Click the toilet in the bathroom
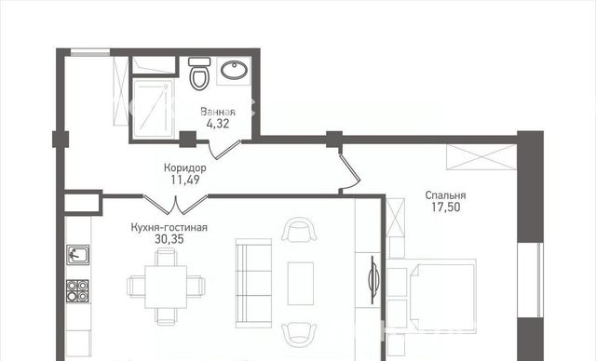click(200, 74)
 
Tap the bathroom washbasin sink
click(234, 70)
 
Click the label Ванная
click(218, 112)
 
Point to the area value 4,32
click(218, 124)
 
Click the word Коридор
click(185, 167)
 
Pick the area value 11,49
click(185, 180)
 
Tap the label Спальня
click(445, 195)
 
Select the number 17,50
click(445, 207)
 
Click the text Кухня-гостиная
click(169, 227)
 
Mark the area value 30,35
click(169, 239)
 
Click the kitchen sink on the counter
click(78, 254)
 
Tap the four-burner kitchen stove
click(77, 291)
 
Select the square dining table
click(166, 287)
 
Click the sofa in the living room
click(253, 283)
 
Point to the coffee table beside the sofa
click(301, 283)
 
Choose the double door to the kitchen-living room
click(176, 204)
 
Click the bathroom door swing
click(225, 150)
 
